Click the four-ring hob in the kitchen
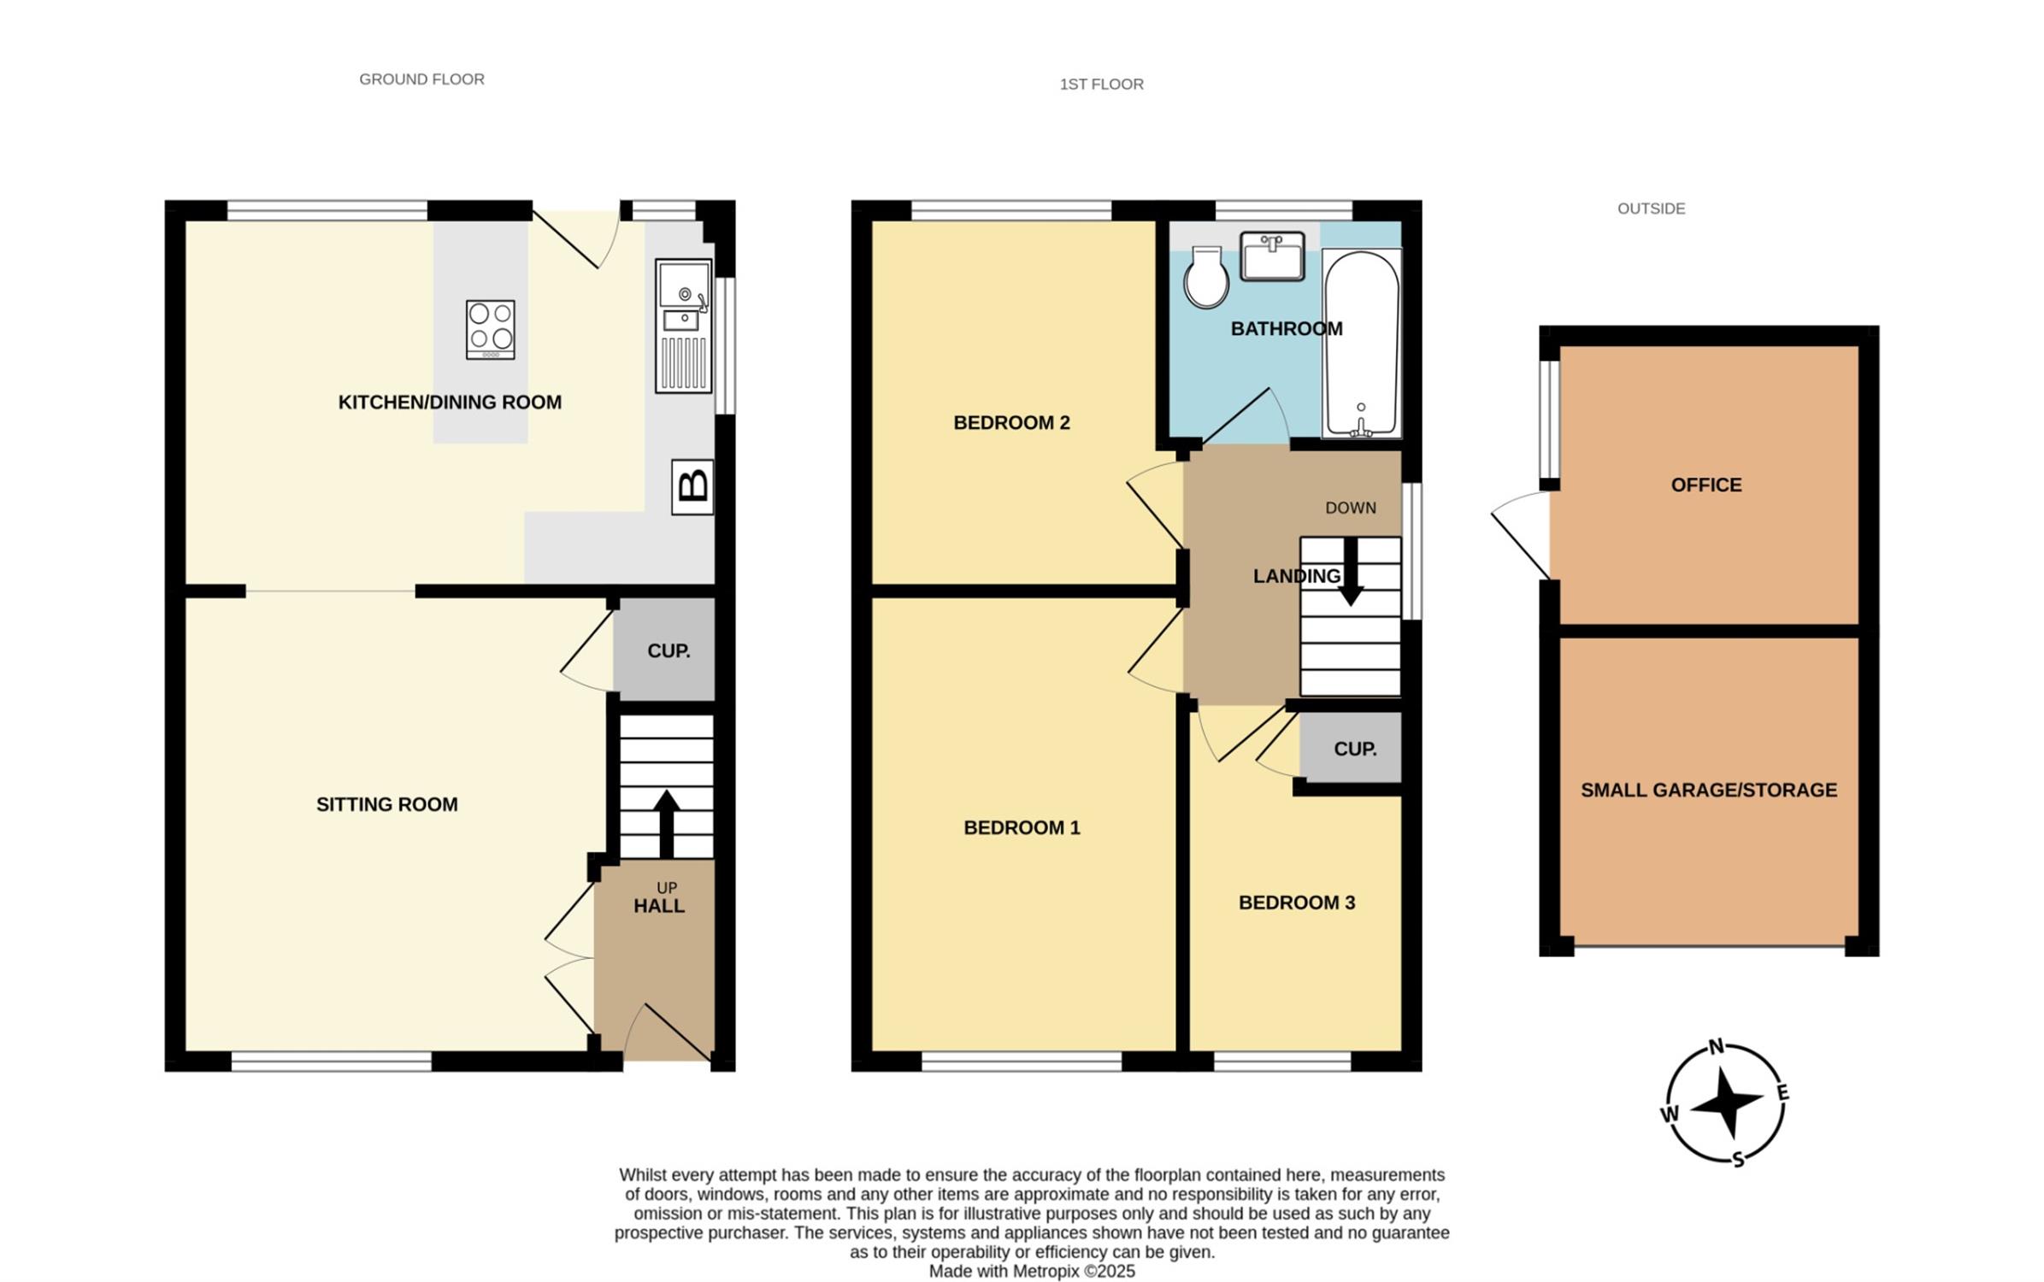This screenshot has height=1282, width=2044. point(490,329)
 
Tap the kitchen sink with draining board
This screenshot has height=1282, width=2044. point(683,326)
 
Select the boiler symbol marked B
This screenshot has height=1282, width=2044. point(692,487)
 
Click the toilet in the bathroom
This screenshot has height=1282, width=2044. point(1205,277)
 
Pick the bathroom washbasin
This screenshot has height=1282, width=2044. point(1272,256)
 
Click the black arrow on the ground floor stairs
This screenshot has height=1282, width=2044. point(666,824)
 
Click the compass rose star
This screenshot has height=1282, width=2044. point(1727,1103)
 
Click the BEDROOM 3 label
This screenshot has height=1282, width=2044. point(1296,903)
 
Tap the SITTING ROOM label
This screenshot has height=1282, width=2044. point(386,804)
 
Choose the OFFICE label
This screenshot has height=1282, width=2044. point(1705,485)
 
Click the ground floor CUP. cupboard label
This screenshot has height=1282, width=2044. point(669,651)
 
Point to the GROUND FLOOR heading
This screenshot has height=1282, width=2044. point(421,79)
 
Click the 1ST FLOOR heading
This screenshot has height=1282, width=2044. point(1101,84)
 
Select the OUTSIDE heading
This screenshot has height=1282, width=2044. point(1651,209)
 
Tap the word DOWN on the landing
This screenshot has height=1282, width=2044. point(1350,508)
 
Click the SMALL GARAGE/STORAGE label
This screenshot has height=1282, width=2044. point(1708,790)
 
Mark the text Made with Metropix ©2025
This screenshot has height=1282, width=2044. point(1032,1271)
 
